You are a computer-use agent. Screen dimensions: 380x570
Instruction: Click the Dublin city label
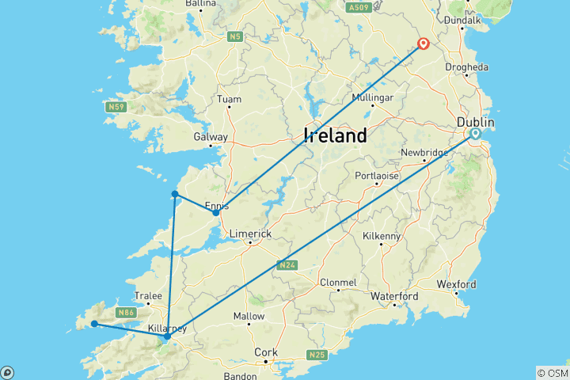475,123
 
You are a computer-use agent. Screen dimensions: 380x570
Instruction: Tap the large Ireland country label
335,135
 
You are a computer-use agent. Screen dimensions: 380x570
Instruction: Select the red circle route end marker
424,44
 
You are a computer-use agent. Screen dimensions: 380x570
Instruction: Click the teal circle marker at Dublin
476,134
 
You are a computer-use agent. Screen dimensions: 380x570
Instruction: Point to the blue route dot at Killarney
167,336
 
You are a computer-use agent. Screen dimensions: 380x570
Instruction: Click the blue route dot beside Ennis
215,212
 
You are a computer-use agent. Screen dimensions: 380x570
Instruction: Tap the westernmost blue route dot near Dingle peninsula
94,323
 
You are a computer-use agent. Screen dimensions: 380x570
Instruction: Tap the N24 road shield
286,265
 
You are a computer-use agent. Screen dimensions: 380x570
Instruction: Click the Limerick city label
250,234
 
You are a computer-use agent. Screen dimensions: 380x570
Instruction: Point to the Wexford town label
456,283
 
